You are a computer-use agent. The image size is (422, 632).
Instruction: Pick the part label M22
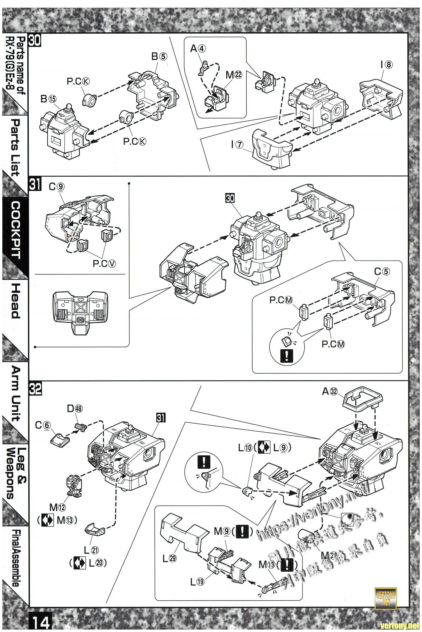coord(234,75)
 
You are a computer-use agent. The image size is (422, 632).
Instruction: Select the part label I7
coord(237,145)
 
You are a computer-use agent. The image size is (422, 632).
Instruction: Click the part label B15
coord(49,99)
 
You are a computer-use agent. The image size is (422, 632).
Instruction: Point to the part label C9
coord(56,187)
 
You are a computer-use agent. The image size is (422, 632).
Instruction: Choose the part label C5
coord(382,272)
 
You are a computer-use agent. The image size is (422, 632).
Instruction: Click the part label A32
coord(330,392)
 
